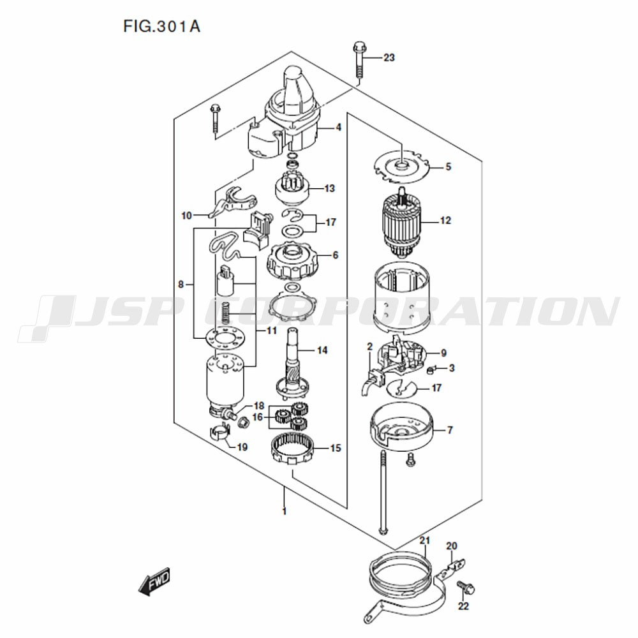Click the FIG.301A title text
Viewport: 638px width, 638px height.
[x=162, y=26]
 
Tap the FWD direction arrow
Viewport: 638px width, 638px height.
[x=154, y=582]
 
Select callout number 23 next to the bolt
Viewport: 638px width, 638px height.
[x=389, y=57]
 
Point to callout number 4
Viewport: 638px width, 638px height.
[x=338, y=128]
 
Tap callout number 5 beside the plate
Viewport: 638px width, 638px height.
[x=448, y=167]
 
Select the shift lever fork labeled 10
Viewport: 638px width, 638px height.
[x=233, y=202]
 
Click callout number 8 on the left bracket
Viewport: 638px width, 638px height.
[x=181, y=285]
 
